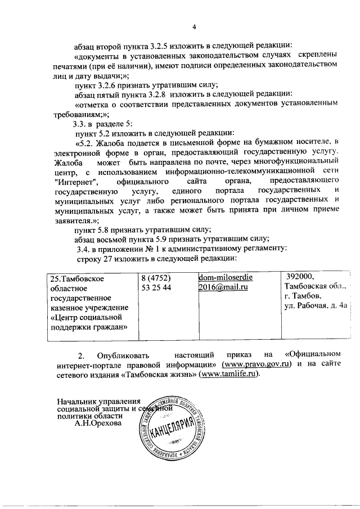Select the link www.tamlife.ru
point(229,375)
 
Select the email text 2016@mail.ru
point(223,287)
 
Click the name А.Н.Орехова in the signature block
point(97,424)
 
